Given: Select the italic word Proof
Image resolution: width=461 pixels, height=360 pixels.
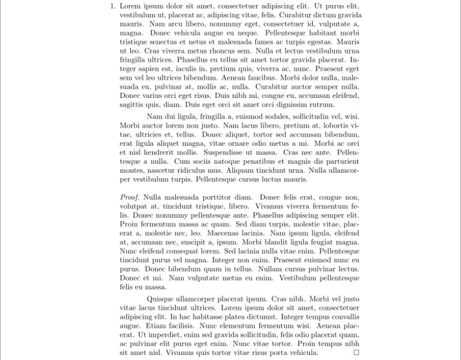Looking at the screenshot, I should (130, 197).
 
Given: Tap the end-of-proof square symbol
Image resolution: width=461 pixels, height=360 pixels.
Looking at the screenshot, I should (356, 353).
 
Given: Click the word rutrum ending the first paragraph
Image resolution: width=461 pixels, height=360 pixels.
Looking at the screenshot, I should (322, 104).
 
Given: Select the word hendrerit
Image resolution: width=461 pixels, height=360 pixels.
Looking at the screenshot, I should (164, 153).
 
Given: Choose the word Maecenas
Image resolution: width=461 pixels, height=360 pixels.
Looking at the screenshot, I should (228, 233).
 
